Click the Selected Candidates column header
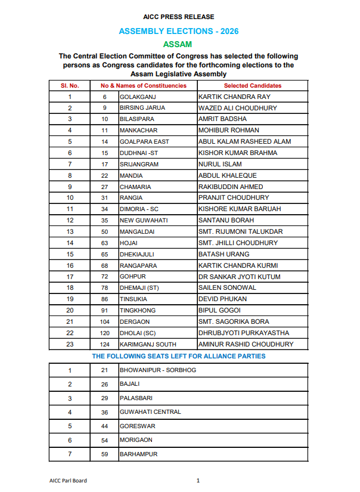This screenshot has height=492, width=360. [253, 85]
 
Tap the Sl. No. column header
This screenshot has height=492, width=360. [70, 85]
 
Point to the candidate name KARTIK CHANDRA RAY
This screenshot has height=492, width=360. [234, 97]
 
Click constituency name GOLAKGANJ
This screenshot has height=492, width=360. [138, 97]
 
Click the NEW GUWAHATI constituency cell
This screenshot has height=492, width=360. [144, 221]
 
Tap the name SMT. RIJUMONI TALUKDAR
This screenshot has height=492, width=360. [240, 232]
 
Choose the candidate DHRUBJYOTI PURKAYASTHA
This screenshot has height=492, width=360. [243, 333]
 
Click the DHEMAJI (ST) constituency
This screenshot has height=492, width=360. [139, 288]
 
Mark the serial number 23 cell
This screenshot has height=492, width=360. [70, 345]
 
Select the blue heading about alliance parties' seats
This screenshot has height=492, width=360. [178, 356]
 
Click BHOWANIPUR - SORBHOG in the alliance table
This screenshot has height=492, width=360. [158, 370]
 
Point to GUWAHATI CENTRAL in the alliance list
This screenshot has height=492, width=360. [150, 412]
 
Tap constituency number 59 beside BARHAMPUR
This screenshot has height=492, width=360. [104, 454]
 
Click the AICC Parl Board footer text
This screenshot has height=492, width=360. [68, 481]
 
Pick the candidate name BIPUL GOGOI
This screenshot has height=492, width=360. [219, 311]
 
